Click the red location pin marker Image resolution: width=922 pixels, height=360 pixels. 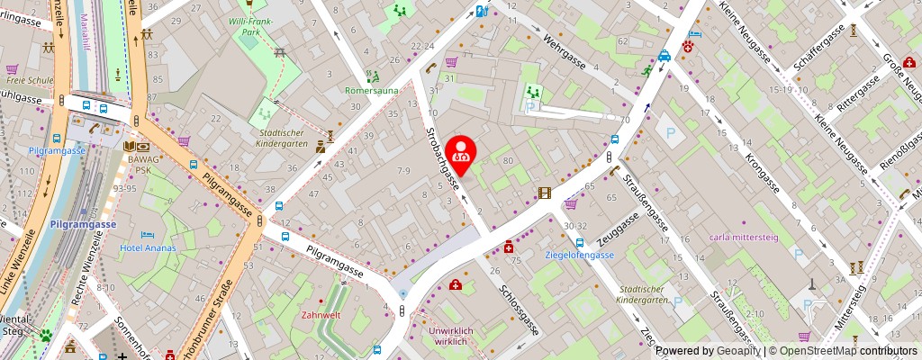(461, 156)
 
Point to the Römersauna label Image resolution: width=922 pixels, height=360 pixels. (370, 91)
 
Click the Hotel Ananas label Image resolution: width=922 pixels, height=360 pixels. (149, 247)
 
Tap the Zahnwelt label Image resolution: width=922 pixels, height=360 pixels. (321, 315)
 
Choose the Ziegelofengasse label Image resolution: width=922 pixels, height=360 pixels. (580, 255)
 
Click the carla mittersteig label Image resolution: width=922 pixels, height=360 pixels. (744, 238)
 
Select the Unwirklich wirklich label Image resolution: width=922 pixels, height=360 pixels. (446, 336)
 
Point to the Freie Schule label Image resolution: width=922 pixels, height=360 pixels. (28, 79)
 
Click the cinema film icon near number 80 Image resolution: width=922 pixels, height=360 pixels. (544, 193)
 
